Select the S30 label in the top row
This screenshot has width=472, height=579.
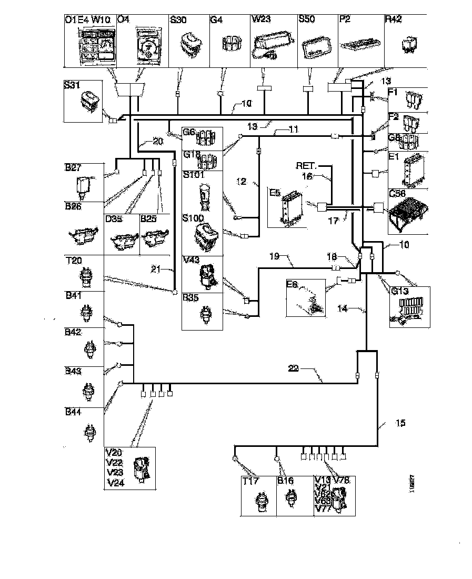pyautogui.click(x=179, y=19)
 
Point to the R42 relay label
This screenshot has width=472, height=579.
pyautogui.click(x=394, y=19)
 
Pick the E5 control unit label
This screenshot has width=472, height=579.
pyautogui.click(x=275, y=193)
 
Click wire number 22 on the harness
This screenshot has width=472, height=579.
pyautogui.click(x=294, y=368)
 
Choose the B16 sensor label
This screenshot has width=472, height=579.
pyautogui.click(x=286, y=481)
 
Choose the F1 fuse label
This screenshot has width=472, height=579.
pyautogui.click(x=393, y=93)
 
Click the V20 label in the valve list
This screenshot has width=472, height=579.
pyautogui.click(x=115, y=453)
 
